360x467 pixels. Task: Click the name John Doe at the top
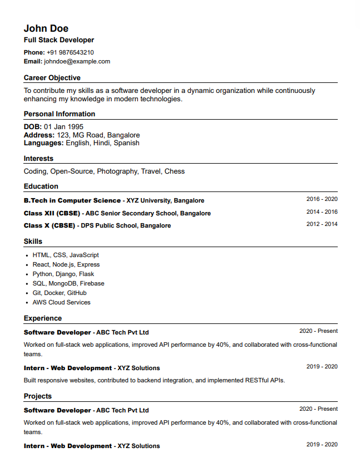pyautogui.click(x=46, y=28)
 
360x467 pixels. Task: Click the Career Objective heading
pyautogui.click(x=52, y=78)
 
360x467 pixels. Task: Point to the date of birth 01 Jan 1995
pyautogui.click(x=63, y=127)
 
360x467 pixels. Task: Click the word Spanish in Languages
pyautogui.click(x=126, y=143)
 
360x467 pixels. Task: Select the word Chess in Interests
pyautogui.click(x=174, y=171)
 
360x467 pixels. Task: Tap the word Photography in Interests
pyautogui.click(x=117, y=171)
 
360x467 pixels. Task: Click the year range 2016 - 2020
pyautogui.click(x=322, y=199)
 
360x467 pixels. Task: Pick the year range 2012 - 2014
pyautogui.click(x=322, y=224)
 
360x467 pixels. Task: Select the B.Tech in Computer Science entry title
pyautogui.click(x=72, y=200)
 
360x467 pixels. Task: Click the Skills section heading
pyautogui.click(x=33, y=242)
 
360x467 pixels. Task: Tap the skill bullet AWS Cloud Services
pyautogui.click(x=61, y=302)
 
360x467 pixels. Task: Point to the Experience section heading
pyautogui.click(x=43, y=318)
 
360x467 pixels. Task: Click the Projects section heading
pyautogui.click(x=38, y=396)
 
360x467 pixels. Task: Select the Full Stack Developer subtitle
pyautogui.click(x=59, y=40)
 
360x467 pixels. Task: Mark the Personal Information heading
pyautogui.click(x=60, y=114)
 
